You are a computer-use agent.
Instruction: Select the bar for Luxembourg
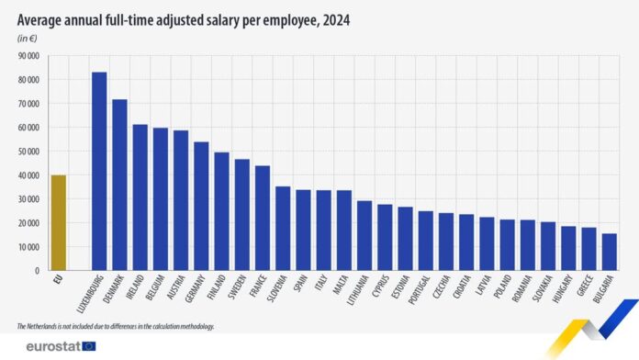99,171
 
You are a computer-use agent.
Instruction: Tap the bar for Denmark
119,185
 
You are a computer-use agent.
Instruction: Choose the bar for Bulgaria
609,252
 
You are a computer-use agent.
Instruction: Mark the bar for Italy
323,230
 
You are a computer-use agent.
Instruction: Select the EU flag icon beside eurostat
89,346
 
